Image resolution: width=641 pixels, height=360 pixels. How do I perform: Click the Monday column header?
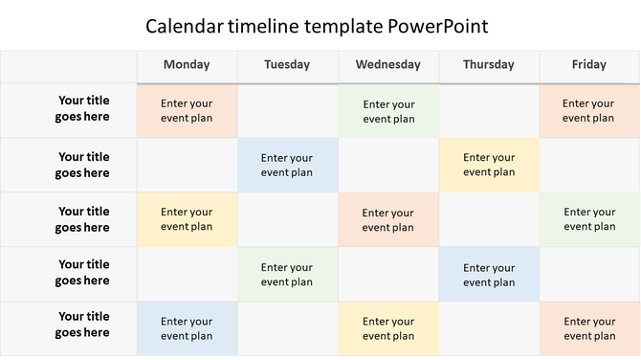(187, 65)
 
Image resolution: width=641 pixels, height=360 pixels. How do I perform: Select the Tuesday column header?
(287, 65)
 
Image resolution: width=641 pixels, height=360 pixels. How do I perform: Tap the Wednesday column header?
(387, 65)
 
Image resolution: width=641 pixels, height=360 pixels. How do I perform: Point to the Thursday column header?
(488, 65)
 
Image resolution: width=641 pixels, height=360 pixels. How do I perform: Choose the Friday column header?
(588, 65)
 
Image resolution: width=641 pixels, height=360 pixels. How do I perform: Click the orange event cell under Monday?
(187, 111)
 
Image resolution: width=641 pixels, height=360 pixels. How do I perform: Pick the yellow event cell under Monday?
(187, 219)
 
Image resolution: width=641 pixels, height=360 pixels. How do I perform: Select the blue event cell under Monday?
(187, 328)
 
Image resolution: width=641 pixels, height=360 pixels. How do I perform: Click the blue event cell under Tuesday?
(287, 165)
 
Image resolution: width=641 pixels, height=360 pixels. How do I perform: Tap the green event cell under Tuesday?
(287, 275)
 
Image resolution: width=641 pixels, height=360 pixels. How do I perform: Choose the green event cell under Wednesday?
(388, 111)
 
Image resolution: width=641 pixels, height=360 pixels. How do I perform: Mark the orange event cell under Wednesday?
(388, 219)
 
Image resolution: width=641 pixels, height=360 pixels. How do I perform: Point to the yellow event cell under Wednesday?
(388, 328)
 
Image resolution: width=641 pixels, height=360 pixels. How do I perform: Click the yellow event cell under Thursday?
(489, 165)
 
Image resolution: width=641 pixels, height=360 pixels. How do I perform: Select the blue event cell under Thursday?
(489, 275)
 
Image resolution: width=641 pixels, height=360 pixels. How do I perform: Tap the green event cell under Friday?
(589, 219)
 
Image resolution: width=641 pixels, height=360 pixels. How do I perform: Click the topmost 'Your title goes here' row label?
(83, 108)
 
